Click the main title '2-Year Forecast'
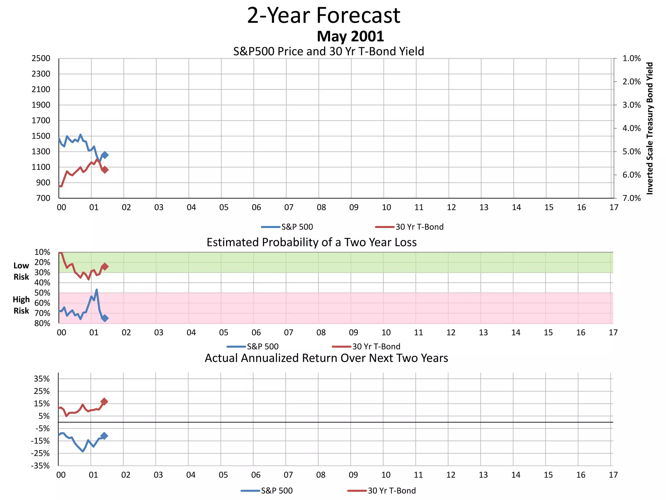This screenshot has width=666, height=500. coord(324,15)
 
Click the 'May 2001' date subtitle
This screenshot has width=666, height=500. coord(350,36)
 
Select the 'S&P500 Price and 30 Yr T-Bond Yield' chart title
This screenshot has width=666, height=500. coord(328,51)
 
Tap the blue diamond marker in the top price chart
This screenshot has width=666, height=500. coord(105,155)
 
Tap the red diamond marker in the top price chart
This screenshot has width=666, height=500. coord(105,170)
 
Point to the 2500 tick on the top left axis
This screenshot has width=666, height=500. coord(41,59)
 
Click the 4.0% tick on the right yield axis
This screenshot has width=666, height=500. coord(632,128)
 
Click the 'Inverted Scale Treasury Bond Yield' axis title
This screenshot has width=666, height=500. coord(649,128)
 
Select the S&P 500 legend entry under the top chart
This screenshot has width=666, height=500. coord(287,227)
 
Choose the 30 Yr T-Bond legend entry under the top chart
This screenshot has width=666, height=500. coord(410,227)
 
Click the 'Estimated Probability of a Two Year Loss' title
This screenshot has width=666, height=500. coord(312,243)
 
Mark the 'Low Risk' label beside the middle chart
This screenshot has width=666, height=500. coord(21,271)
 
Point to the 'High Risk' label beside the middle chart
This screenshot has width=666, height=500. coord(21,305)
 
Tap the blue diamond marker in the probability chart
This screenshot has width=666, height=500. coord(105,318)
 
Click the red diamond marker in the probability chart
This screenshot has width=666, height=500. coord(105,267)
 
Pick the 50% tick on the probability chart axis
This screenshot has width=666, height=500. coord(42,293)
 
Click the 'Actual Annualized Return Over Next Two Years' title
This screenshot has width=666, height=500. coord(326,358)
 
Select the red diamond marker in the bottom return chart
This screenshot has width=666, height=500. coord(104,401)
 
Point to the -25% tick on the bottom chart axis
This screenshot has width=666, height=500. coord(40,453)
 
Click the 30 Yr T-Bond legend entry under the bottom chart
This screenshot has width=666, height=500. coord(382,491)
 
